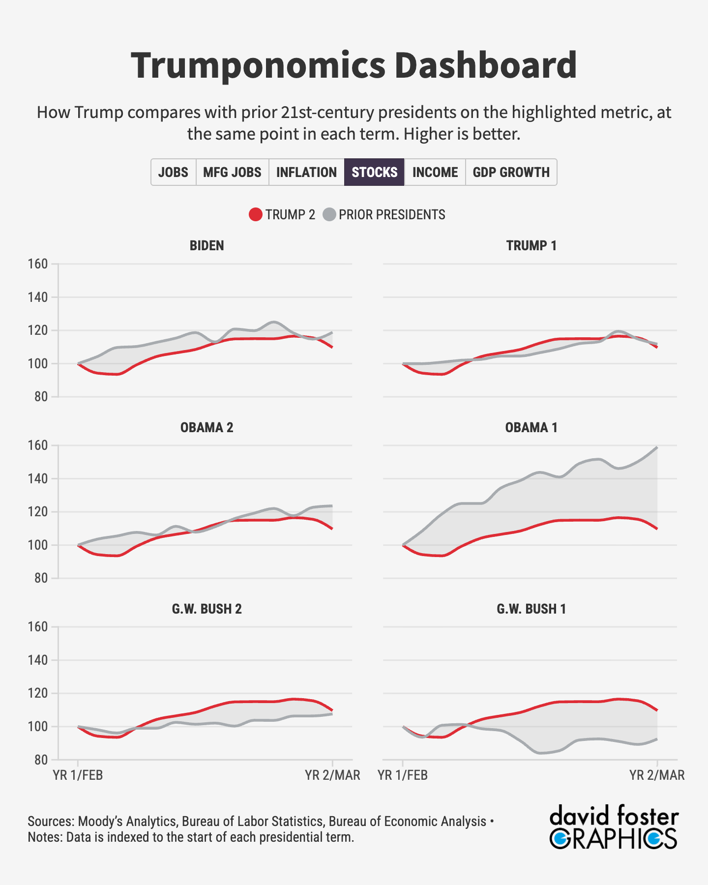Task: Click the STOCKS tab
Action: tap(374, 172)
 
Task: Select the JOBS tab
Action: tap(173, 172)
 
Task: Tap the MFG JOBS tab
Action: tap(232, 172)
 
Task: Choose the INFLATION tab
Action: tap(306, 172)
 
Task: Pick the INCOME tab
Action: tap(435, 172)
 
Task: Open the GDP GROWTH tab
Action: tap(511, 172)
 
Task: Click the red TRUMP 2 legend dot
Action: tap(256, 215)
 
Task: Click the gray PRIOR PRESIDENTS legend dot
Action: tap(329, 215)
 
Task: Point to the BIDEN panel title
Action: tap(206, 245)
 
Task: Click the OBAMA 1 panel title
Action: tap(531, 427)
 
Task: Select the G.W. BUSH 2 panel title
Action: tap(206, 609)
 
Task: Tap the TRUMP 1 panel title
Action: tap(531, 245)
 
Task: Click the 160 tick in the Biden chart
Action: tap(38, 264)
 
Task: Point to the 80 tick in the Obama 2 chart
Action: tap(41, 578)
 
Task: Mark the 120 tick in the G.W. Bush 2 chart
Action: tap(38, 693)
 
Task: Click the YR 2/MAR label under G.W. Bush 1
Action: tap(657, 775)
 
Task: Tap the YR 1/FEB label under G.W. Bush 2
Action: tap(78, 775)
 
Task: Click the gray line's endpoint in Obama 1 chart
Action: tap(657, 447)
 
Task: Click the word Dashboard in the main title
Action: tap(485, 65)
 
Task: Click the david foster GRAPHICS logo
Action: tap(614, 827)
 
